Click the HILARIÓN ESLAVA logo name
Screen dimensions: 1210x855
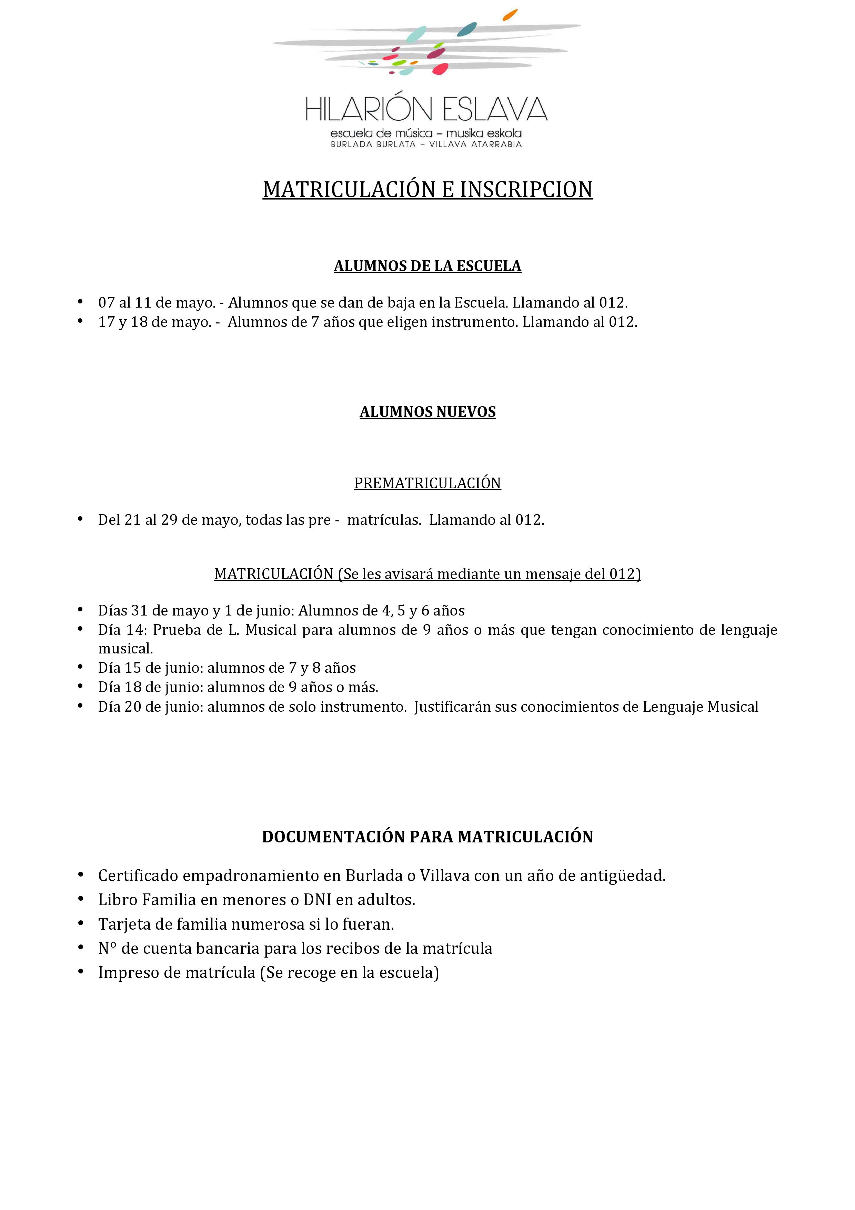[x=427, y=109]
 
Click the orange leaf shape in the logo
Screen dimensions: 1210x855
[x=510, y=15]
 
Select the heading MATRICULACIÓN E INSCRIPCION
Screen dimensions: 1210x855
[x=427, y=190]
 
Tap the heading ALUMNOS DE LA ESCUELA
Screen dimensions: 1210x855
[x=427, y=266]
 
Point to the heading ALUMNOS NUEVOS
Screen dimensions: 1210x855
[x=427, y=412]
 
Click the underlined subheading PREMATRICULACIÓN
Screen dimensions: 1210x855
[x=427, y=483]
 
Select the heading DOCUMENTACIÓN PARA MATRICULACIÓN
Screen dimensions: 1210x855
[x=427, y=837]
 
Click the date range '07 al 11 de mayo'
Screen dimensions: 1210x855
[x=157, y=303]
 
